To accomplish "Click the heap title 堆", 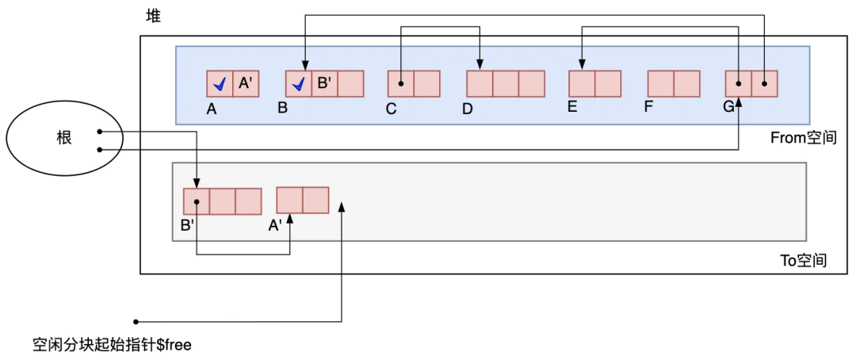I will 154,15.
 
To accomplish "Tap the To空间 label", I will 803,259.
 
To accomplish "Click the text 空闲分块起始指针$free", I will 112,345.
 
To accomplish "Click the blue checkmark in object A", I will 220,83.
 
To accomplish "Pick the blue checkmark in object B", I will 298,83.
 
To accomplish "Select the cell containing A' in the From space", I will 245,83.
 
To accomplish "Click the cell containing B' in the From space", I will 324,83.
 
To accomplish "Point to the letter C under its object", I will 391,109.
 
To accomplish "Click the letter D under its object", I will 467,109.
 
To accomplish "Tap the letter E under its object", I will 571,107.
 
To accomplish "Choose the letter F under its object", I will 648,107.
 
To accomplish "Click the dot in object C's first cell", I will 401,83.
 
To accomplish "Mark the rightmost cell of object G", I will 765,83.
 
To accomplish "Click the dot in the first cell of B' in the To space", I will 197,201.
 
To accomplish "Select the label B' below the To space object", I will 187,225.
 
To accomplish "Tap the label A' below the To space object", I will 275,225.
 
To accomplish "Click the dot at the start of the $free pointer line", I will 136,321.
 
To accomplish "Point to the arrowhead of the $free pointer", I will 342,205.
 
